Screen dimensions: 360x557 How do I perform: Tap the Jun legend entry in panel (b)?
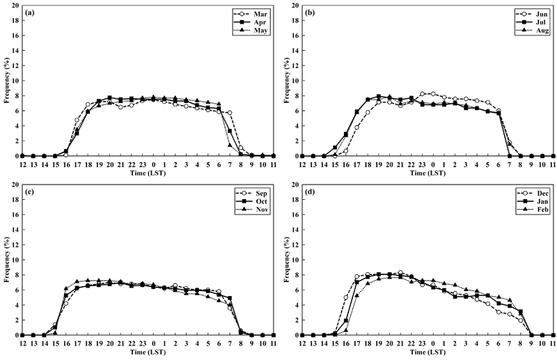(528, 13)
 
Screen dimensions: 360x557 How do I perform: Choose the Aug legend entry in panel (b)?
(528, 31)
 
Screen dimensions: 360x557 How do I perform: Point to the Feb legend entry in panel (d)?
(528, 210)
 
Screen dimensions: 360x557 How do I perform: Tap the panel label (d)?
(309, 192)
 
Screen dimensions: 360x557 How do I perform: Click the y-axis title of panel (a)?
(6, 81)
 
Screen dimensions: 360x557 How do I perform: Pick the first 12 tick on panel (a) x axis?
(23, 163)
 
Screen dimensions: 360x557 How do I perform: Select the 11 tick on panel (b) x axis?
(553, 163)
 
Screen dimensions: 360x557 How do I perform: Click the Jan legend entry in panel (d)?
(528, 201)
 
